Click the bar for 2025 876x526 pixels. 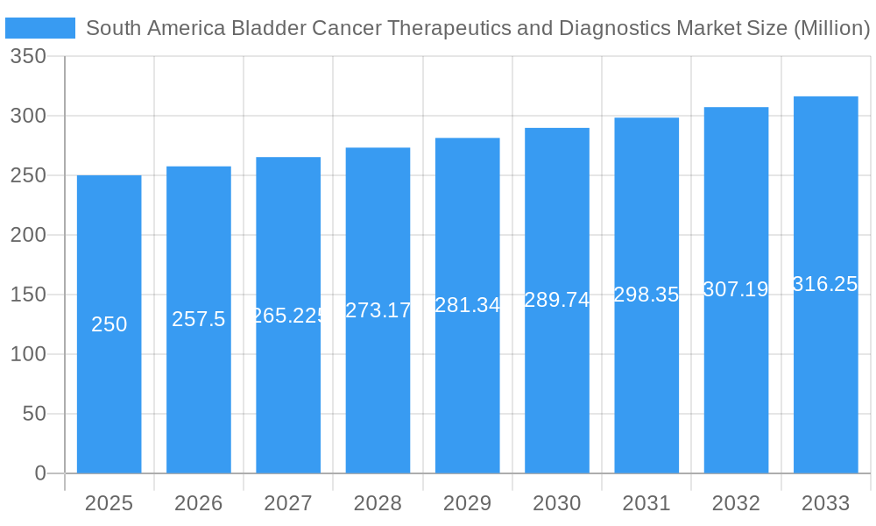109,386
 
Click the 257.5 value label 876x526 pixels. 199,319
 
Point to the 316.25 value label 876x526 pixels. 825,284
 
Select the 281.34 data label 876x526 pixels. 468,305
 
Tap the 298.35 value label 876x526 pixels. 646,295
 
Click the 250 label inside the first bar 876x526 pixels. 109,324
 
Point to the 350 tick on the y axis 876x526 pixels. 28,57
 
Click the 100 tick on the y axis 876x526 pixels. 28,354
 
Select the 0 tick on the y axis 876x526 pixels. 40,473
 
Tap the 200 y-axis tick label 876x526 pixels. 28,235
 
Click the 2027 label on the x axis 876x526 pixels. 288,503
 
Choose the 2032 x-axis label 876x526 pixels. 736,503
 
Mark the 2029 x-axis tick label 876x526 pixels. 468,503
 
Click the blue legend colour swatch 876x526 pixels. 40,28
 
